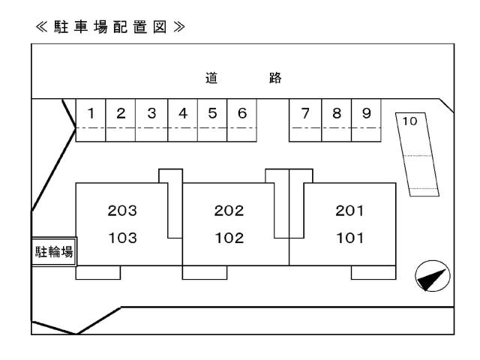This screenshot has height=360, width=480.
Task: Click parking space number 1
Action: coord(91,114)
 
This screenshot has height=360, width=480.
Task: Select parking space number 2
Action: coord(121,114)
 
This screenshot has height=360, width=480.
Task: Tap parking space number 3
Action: coord(151,114)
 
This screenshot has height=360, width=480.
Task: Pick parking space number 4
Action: coord(182,114)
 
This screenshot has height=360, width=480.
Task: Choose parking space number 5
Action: coord(212,114)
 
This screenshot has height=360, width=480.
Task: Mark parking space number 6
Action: coord(241,114)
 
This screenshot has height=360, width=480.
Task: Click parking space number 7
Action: coord(305,114)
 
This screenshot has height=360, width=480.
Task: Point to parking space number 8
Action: coord(337,114)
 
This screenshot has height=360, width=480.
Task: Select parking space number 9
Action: coord(366,114)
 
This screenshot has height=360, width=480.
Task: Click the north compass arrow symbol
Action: coord(432,277)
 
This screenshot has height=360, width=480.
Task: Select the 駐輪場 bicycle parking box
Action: coord(54,251)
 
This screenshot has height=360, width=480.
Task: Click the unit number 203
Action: coord(122,211)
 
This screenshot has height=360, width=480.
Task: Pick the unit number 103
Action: coord(122,238)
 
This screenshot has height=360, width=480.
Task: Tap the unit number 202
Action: coord(229,211)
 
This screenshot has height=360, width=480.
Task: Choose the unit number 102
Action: coord(229,238)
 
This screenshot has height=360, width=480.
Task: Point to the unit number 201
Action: coord(349,211)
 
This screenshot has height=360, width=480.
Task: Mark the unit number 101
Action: coord(349,238)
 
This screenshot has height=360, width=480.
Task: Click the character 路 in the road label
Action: coord(274,76)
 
